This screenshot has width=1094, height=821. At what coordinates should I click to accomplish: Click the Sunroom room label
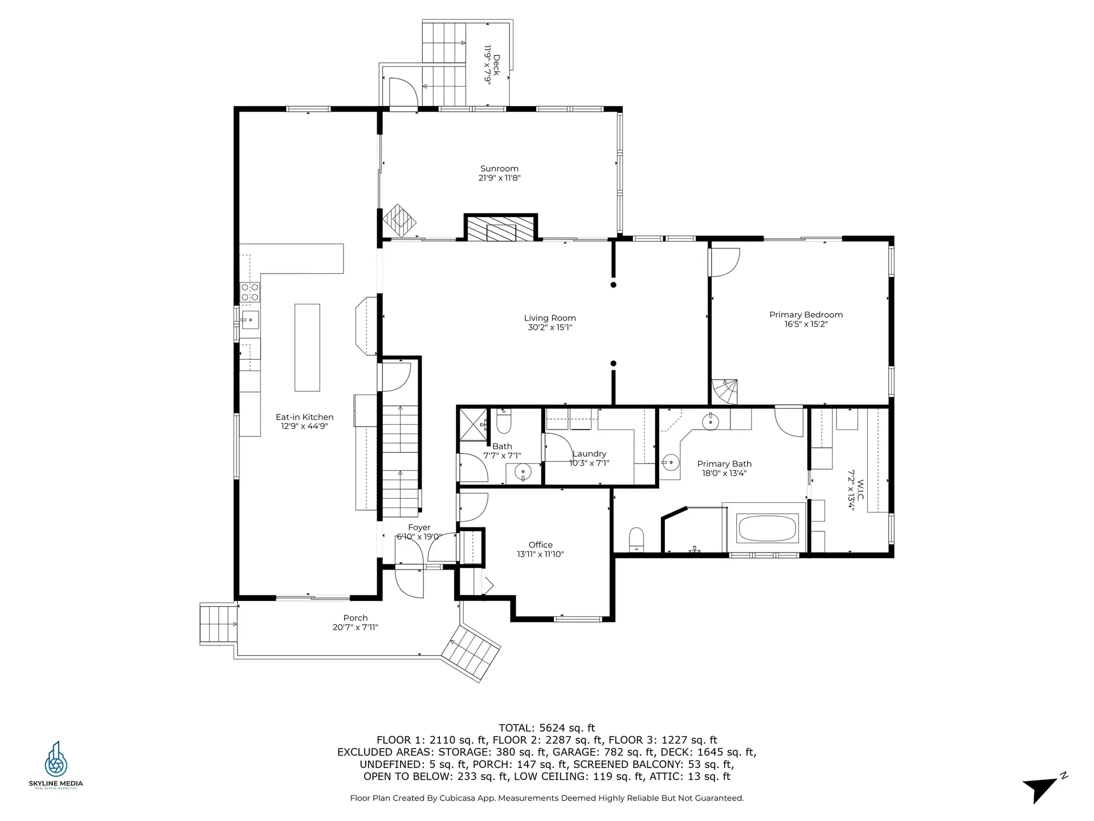click(x=499, y=169)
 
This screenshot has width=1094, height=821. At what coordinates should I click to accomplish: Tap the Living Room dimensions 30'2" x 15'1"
click(x=549, y=328)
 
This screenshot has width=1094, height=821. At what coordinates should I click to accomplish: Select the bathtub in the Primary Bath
click(x=768, y=529)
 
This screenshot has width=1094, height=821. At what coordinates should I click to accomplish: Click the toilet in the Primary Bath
click(x=636, y=539)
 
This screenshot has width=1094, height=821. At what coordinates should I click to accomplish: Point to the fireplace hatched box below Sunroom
click(x=500, y=228)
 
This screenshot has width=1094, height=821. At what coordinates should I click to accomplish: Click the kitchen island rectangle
click(x=307, y=347)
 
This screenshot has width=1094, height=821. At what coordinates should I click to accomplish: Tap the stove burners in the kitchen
click(x=250, y=292)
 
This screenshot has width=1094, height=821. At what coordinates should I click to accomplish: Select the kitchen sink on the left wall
click(x=249, y=320)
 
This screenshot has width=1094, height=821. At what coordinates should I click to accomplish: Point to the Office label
click(x=540, y=545)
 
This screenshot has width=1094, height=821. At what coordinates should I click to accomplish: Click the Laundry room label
click(x=589, y=454)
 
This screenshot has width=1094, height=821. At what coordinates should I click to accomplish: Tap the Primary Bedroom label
click(x=806, y=315)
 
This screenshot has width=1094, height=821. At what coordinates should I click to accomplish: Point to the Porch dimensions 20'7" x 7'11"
click(x=356, y=628)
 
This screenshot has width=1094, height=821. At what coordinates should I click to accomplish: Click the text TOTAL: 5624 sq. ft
click(x=546, y=728)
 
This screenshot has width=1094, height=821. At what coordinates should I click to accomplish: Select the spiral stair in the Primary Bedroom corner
click(x=725, y=392)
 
